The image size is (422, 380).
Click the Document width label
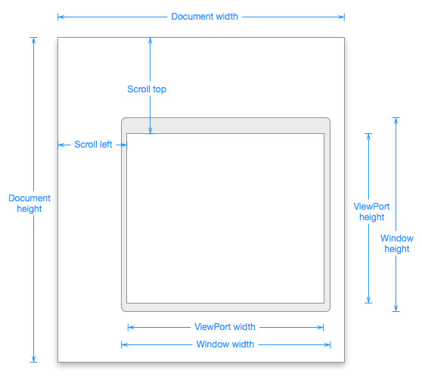[204, 17]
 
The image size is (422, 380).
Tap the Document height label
[29, 204]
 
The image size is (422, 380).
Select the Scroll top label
[147, 89]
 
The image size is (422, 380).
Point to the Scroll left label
[93, 145]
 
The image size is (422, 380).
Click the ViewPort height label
[371, 212]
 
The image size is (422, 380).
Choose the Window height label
[397, 244]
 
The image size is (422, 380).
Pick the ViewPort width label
[225, 327]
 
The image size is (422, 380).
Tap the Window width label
[225, 344]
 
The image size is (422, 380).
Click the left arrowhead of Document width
[61, 17]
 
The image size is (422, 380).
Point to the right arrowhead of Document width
[341, 17]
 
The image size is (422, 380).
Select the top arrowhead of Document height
[33, 40]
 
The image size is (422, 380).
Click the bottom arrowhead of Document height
[33, 359]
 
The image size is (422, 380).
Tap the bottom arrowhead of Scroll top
[150, 131]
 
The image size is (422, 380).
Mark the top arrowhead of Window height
[396, 120]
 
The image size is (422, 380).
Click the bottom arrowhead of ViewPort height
[369, 300]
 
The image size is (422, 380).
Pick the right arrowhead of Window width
[327, 344]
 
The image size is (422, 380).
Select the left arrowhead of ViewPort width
[131, 328]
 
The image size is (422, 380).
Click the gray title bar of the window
[225, 126]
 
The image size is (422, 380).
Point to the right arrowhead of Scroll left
[124, 145]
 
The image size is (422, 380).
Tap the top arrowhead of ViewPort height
[369, 136]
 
